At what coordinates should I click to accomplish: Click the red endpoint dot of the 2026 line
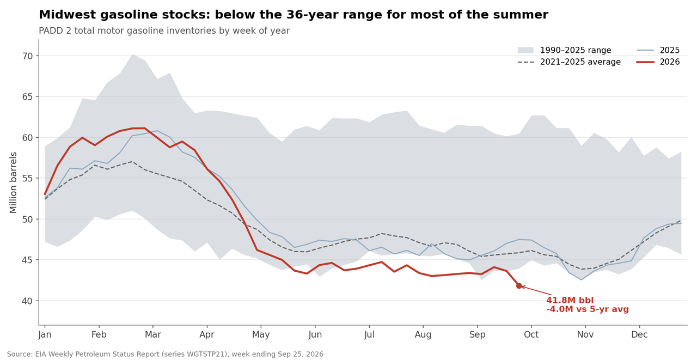(x=519, y=285)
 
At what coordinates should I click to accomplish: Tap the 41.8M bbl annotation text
(x=570, y=300)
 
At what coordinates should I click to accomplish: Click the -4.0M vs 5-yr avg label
(x=588, y=309)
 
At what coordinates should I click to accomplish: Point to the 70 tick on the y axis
(x=27, y=56)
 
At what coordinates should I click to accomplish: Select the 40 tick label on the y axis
(x=27, y=301)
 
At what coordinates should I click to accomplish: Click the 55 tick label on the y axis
(x=27, y=178)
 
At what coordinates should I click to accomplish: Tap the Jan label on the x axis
(x=45, y=334)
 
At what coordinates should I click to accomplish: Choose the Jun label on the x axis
(x=315, y=334)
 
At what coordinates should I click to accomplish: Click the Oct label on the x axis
(x=531, y=334)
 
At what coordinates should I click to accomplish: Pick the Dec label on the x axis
(x=639, y=334)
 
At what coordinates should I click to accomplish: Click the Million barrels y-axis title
(x=13, y=182)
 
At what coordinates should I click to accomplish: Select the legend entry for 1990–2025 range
(x=565, y=50)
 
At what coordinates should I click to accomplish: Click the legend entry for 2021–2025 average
(x=569, y=62)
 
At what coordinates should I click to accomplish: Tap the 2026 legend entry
(x=658, y=62)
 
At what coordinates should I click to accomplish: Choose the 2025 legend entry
(x=658, y=50)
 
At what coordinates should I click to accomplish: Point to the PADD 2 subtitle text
(x=164, y=30)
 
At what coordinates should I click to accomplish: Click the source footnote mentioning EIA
(x=165, y=354)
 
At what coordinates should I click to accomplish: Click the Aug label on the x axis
(x=423, y=334)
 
